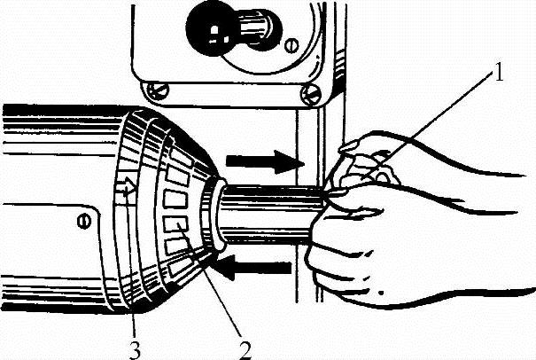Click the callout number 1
499,73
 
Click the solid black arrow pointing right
265,161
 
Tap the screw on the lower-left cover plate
84,221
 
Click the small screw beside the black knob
291,45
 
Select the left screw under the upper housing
158,90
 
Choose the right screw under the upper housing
310,94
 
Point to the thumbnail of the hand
349,147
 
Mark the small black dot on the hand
381,293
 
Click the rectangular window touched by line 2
175,225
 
